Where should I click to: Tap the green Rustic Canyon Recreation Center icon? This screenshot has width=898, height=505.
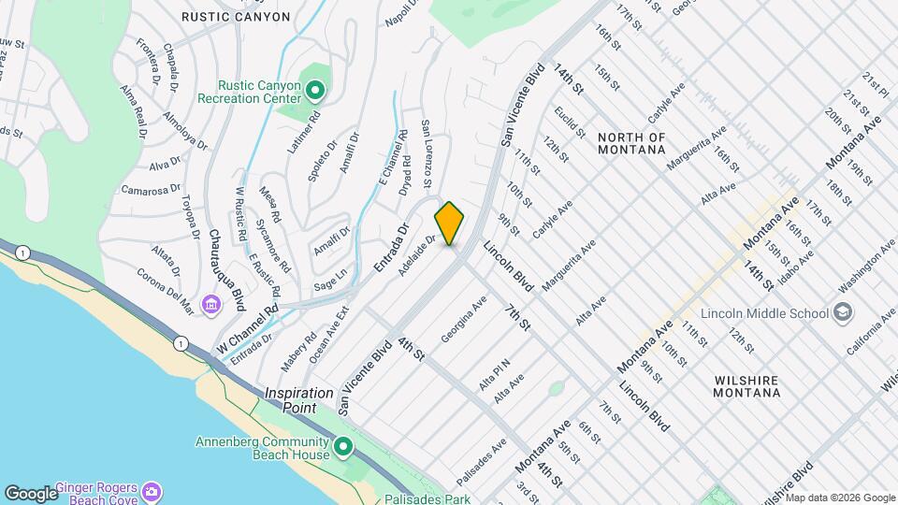click(315, 91)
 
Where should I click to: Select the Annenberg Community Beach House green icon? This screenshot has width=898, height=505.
click(343, 448)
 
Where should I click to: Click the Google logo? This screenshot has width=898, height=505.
click(31, 493)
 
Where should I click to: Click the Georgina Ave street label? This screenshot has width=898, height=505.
click(464, 319)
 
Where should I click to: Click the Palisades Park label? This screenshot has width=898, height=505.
click(432, 499)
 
